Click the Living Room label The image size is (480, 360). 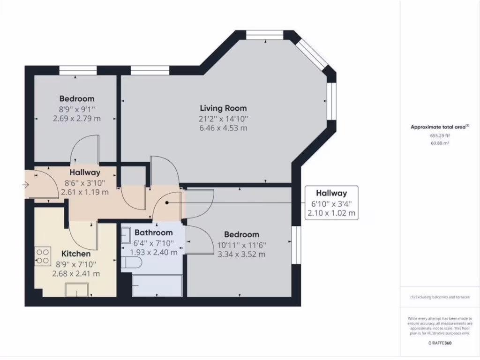pos(223,108)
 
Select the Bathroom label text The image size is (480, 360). pos(153,232)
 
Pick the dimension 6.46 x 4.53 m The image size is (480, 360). pos(223,128)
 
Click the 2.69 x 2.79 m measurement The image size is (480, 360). pos(77,119)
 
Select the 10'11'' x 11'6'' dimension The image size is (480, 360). pos(241,245)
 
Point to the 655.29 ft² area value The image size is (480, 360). pos(440,135)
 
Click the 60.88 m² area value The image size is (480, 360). pos(440,143)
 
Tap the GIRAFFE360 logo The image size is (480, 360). pos(440,343)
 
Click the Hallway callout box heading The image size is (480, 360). pos(331,193)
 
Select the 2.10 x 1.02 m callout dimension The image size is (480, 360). pos(331,213)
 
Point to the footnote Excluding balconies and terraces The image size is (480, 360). pos(440,297)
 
